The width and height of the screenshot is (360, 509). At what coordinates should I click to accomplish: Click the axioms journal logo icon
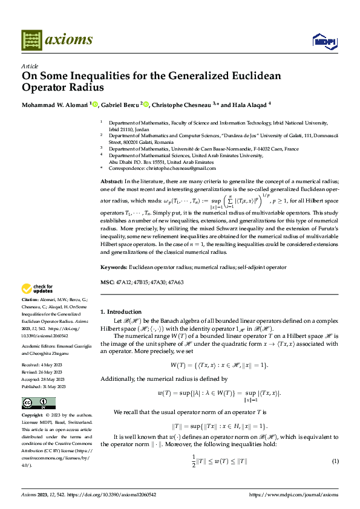click(x=31, y=40)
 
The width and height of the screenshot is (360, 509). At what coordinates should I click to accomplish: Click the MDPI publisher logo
click(x=323, y=41)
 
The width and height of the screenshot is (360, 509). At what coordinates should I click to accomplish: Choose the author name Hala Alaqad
click(x=249, y=104)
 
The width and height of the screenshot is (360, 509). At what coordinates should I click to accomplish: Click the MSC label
click(x=106, y=283)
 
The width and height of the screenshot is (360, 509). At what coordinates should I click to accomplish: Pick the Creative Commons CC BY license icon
click(x=38, y=403)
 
